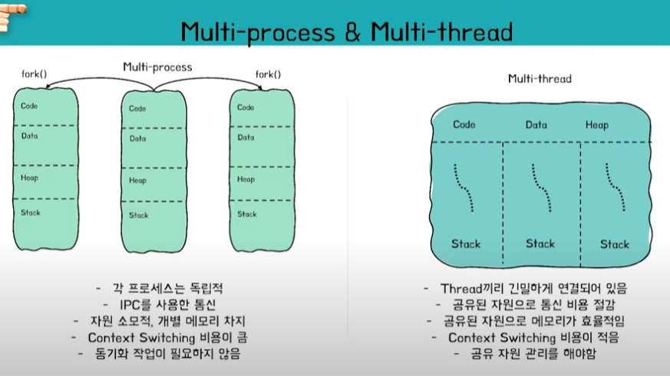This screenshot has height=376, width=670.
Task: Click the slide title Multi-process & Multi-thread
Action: [x=346, y=32]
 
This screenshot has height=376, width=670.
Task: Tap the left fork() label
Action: [x=34, y=74]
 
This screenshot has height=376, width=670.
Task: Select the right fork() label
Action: [x=267, y=74]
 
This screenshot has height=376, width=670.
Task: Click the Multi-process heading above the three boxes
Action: [x=157, y=67]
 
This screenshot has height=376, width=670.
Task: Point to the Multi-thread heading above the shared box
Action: [x=540, y=78]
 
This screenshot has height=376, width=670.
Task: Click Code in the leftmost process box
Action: [x=30, y=106]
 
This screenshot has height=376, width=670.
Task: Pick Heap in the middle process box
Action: [x=138, y=180]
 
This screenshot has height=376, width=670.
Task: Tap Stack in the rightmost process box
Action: [x=246, y=214]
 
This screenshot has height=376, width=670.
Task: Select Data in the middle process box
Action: [x=138, y=139]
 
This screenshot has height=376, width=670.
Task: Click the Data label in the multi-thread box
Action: [x=536, y=124]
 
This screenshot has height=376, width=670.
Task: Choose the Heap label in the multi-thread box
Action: [x=596, y=124]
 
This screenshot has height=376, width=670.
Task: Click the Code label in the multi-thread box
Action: [x=464, y=124]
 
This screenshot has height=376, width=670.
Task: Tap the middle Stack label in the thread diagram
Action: [x=540, y=244]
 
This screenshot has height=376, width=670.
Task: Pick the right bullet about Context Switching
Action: [x=533, y=337]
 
